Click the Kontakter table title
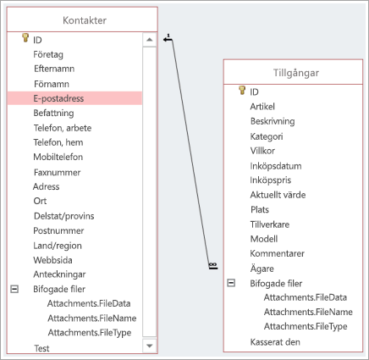[85, 20]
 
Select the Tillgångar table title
[296, 73]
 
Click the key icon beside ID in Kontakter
[25, 38]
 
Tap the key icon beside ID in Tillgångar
[242, 90]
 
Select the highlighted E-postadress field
[58, 98]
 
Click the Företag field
[48, 54]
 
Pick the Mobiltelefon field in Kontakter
[58, 157]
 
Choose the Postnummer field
[58, 230]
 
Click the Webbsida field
[52, 260]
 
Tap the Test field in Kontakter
[41, 348]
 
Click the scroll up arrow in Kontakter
[150, 40]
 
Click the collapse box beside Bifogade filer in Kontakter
[14, 289]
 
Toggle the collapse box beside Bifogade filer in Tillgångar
[231, 283]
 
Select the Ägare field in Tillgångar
[262, 269]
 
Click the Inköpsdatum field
[276, 166]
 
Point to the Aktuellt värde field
[278, 195]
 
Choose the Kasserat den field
[275, 342]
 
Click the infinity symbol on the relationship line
[213, 264]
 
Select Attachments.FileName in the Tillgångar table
[308, 312]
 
